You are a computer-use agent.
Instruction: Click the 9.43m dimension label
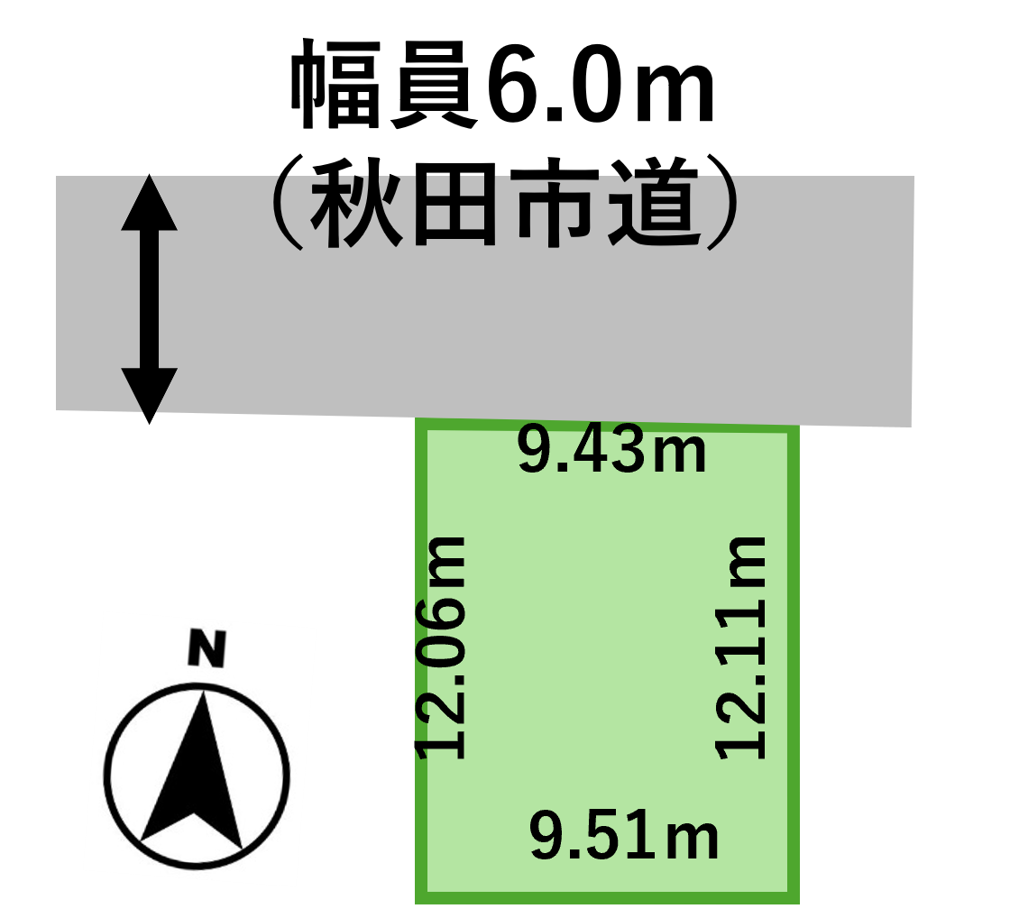(612, 450)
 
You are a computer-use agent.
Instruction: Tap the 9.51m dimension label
(623, 835)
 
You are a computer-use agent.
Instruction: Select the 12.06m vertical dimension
(440, 647)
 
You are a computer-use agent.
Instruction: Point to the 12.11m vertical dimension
(740, 647)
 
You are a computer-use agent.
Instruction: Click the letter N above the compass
(207, 647)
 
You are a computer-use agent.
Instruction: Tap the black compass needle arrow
(193, 770)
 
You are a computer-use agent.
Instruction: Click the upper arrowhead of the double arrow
(150, 202)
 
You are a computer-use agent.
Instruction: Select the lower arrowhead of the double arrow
(150, 396)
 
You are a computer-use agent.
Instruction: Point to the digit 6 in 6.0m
(515, 85)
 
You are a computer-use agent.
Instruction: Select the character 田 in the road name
(454, 204)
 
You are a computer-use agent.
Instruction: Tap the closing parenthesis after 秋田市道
(722, 202)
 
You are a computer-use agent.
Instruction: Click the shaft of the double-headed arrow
(150, 298)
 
